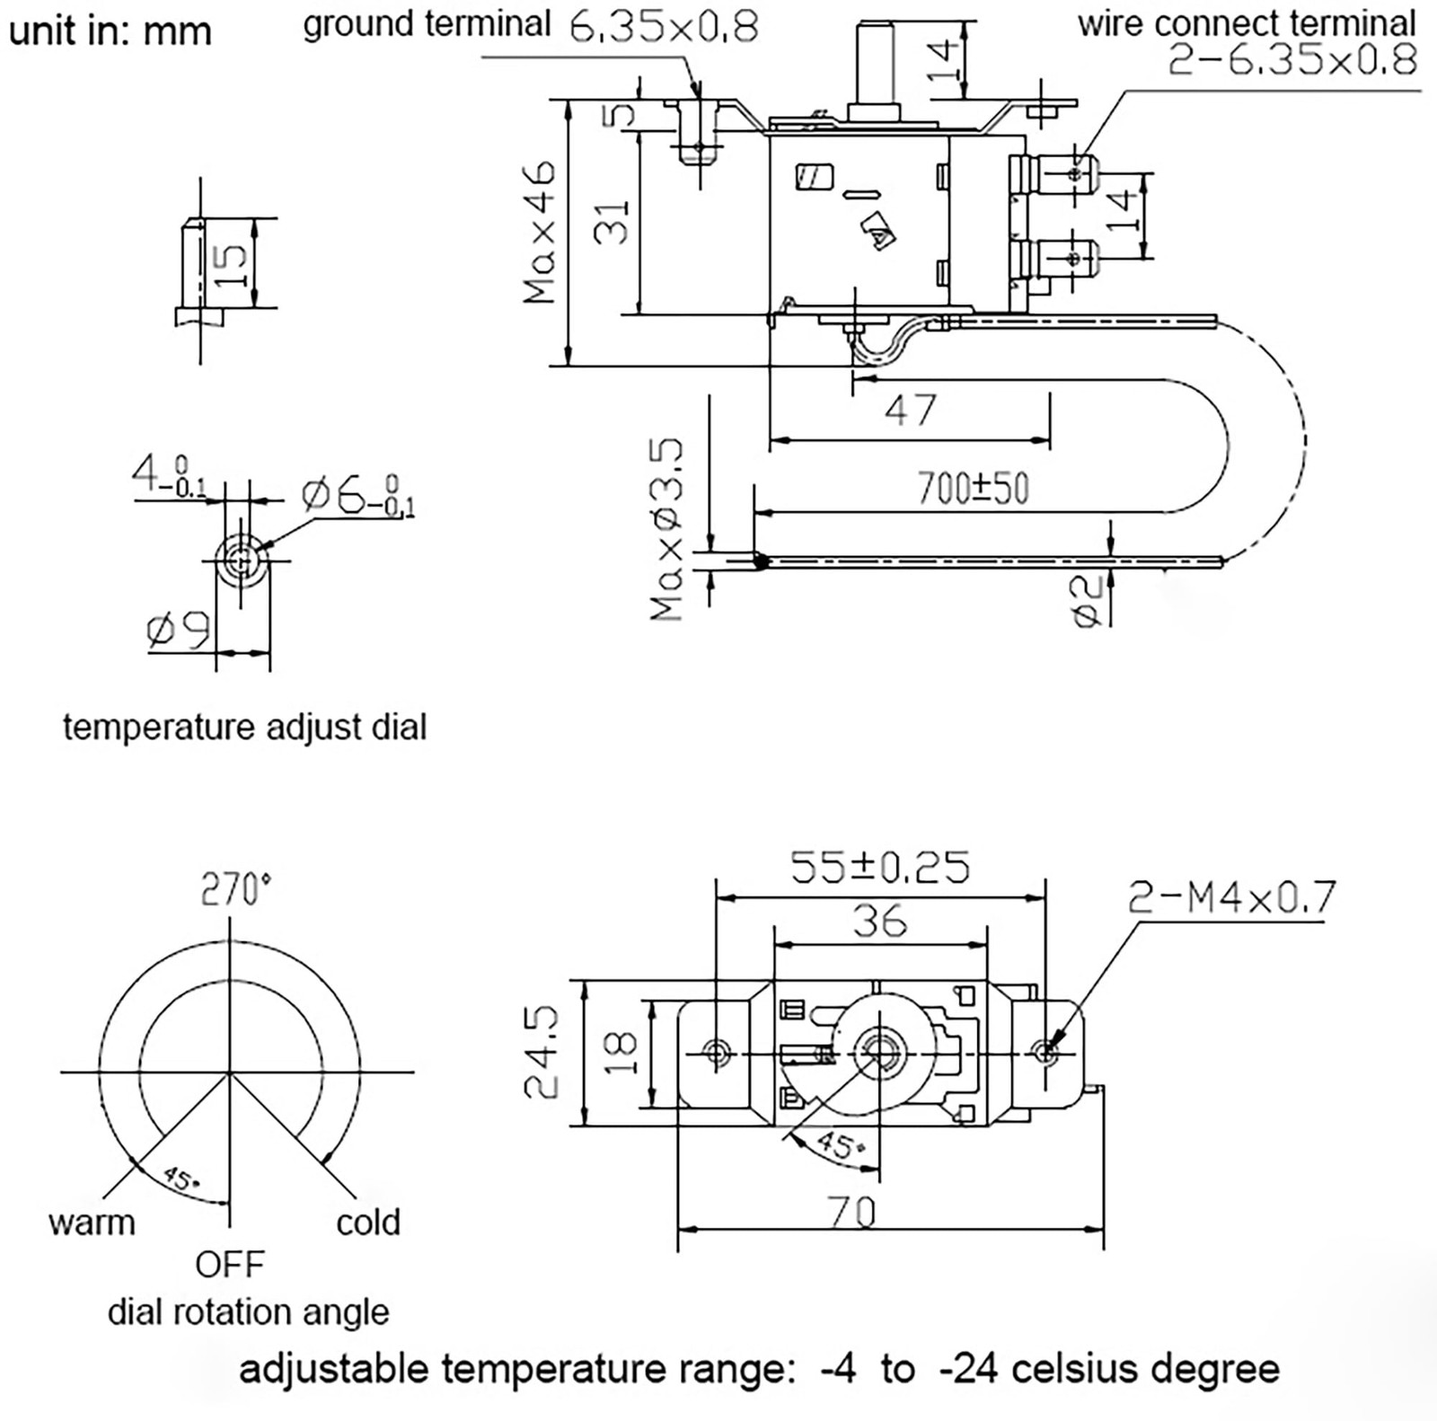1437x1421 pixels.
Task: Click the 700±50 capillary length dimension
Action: (972, 489)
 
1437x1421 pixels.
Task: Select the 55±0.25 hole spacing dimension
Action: (879, 867)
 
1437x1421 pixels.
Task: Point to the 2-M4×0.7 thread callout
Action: (1231, 897)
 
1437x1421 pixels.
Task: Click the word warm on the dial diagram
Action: (92, 1222)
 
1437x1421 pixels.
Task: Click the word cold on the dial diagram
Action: (367, 1222)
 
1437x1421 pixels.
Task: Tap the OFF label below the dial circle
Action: (230, 1265)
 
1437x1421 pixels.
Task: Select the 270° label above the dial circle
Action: (234, 889)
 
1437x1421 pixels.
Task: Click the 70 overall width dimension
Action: (851, 1213)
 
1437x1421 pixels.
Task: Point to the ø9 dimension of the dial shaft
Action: (178, 630)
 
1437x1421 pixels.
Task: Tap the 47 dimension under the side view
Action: (910, 410)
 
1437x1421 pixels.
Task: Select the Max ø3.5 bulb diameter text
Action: (667, 530)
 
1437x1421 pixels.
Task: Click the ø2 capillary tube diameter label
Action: (1087, 602)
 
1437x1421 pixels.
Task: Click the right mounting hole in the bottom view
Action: (1045, 1052)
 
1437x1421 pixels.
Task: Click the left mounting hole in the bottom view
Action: (717, 1051)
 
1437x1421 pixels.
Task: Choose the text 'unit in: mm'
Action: (110, 31)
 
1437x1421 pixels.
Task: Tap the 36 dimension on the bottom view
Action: (879, 922)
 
